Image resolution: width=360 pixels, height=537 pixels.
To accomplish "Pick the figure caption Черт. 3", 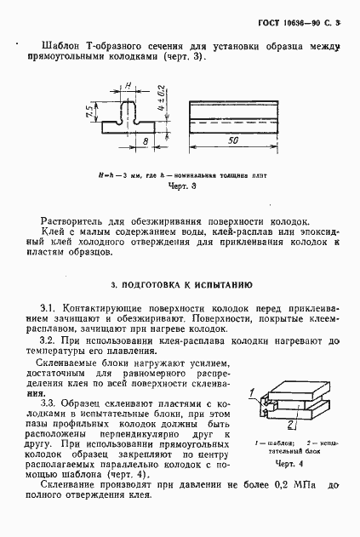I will [183, 184].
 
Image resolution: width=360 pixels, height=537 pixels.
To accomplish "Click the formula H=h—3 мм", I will [117, 172].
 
